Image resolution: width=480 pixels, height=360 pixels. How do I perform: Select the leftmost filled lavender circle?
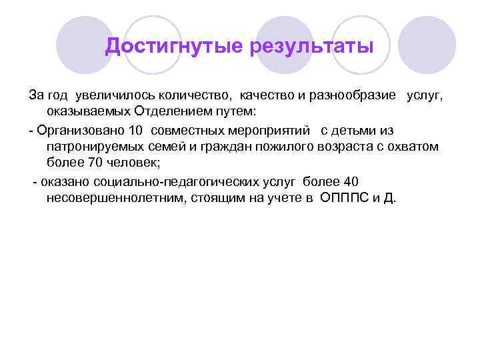(84, 45)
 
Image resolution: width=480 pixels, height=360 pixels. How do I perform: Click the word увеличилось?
(115, 96)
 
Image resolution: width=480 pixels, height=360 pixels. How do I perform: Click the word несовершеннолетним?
(114, 199)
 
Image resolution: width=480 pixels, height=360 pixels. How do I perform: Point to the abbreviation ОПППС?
(343, 199)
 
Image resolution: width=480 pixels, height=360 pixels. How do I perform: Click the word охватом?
(415, 146)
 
